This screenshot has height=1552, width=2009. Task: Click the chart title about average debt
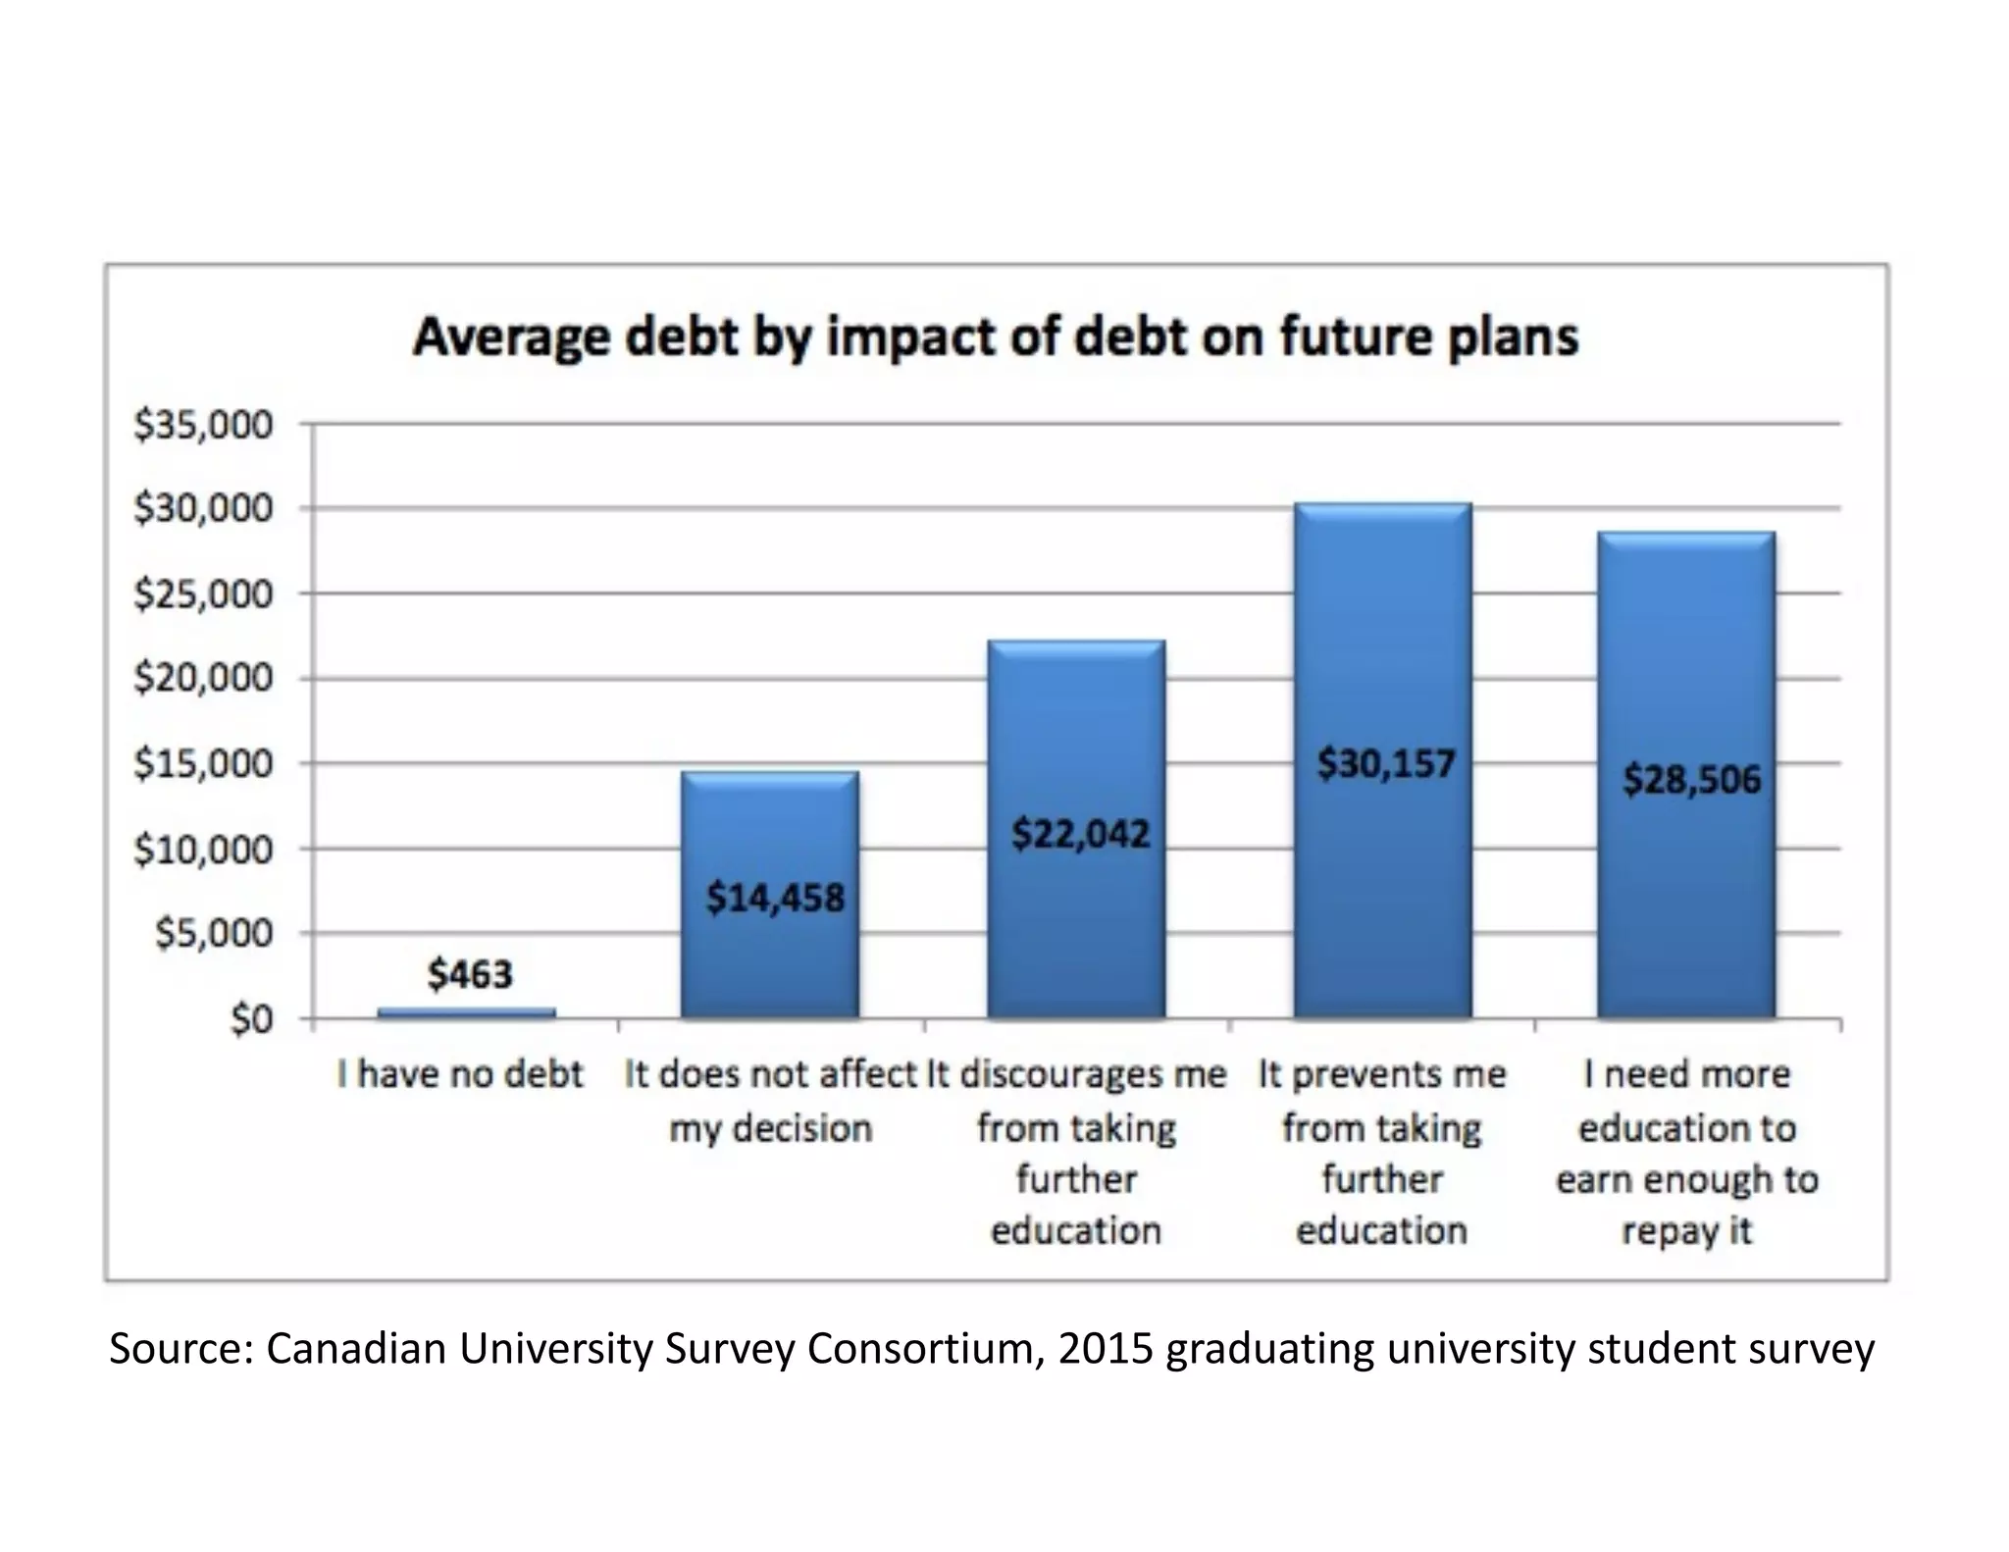pyautogui.click(x=995, y=337)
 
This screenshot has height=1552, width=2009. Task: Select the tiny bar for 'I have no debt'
pyautogui.click(x=466, y=1012)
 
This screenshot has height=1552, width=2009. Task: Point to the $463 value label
pyautogui.click(x=470, y=974)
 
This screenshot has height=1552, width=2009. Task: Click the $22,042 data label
pyautogui.click(x=1080, y=834)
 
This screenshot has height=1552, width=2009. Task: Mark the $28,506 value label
pyautogui.click(x=1691, y=780)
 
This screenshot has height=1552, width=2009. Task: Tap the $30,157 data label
pyautogui.click(x=1385, y=763)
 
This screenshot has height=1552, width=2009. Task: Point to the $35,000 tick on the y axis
pyautogui.click(x=203, y=426)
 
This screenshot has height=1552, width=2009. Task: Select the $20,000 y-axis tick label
pyautogui.click(x=203, y=678)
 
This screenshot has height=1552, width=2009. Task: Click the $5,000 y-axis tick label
pyautogui.click(x=214, y=933)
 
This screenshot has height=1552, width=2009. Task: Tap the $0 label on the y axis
pyautogui.click(x=250, y=1020)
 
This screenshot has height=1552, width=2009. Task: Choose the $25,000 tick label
pyautogui.click(x=203, y=594)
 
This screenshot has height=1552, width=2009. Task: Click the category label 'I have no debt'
pyautogui.click(x=460, y=1074)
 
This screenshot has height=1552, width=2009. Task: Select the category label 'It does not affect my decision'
pyautogui.click(x=770, y=1101)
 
